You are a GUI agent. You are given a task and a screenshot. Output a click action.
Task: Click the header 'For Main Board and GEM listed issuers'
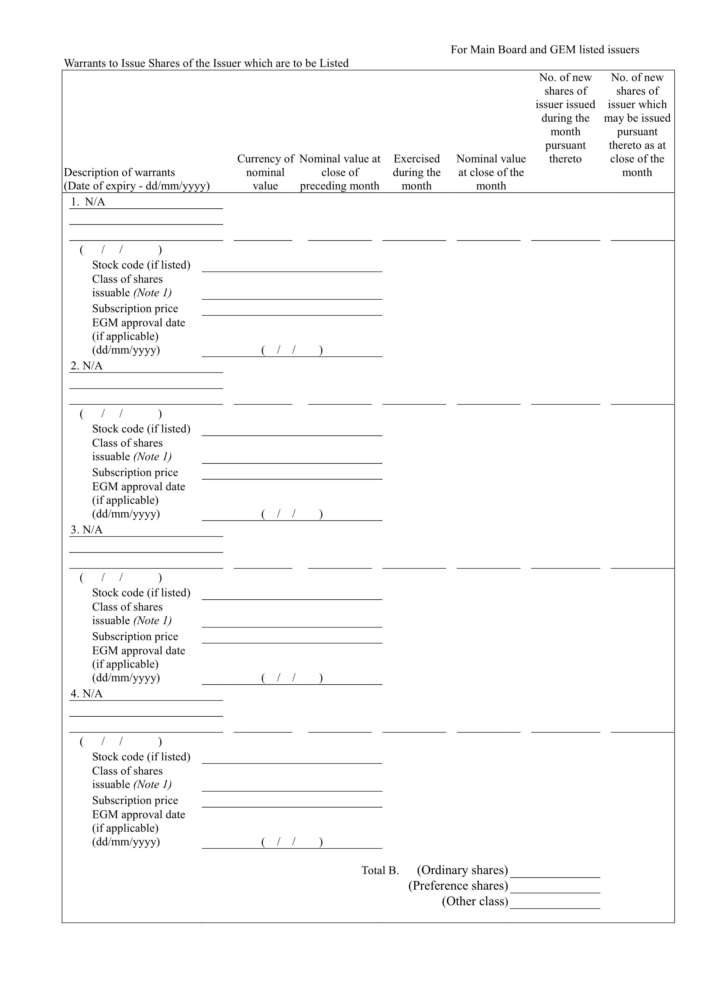pos(544,50)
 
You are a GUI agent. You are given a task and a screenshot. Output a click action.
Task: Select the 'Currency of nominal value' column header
pos(265,172)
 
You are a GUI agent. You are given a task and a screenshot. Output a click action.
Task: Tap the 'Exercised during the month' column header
pos(416,172)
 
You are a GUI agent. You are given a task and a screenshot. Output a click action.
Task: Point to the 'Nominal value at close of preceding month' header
pos(340,172)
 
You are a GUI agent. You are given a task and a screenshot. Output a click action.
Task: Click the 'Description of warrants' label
pos(120,172)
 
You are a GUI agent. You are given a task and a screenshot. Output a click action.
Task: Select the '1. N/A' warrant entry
pos(88,202)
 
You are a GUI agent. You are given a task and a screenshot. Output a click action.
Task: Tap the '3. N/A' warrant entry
pos(86,530)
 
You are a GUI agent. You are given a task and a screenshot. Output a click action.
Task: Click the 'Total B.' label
pos(380,870)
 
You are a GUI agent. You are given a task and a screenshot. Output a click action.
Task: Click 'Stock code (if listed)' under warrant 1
pos(141,265)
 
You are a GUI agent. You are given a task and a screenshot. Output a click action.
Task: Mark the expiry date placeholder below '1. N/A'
pos(121,250)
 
